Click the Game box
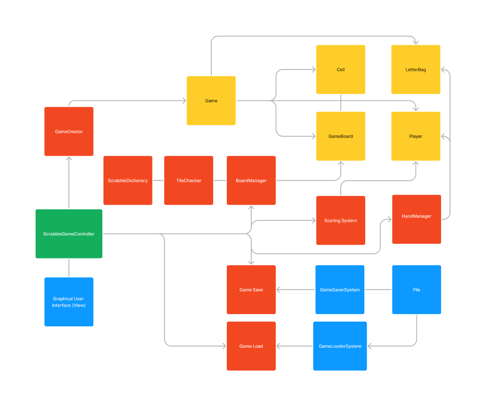(x=211, y=100)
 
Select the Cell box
(x=341, y=70)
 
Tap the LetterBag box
(x=416, y=70)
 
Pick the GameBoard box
(x=341, y=136)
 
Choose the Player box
(x=416, y=136)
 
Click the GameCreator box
(x=69, y=131)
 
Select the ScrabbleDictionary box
(x=128, y=180)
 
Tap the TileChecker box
(x=189, y=180)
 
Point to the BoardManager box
(x=251, y=180)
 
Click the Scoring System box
(x=341, y=220)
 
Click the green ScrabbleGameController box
(x=69, y=234)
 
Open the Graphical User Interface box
(x=69, y=302)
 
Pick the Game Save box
(x=251, y=290)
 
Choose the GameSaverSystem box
(x=340, y=290)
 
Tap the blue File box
(x=416, y=290)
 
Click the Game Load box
(x=251, y=346)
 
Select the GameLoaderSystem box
(x=340, y=346)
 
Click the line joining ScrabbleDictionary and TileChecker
(x=158, y=180)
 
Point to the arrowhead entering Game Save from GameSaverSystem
(x=278, y=290)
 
